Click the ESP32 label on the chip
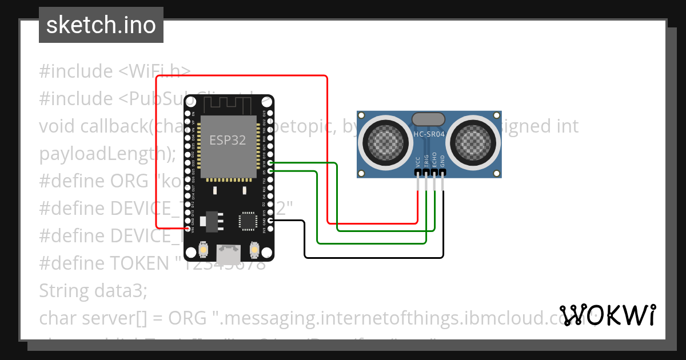tap(228, 140)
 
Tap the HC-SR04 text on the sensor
tap(428, 135)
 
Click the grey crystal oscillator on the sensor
tap(428, 119)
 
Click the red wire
tap(327, 149)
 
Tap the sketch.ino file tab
tap(101, 25)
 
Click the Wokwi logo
tap(607, 315)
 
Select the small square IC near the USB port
tap(248, 221)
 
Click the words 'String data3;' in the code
tap(93, 291)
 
